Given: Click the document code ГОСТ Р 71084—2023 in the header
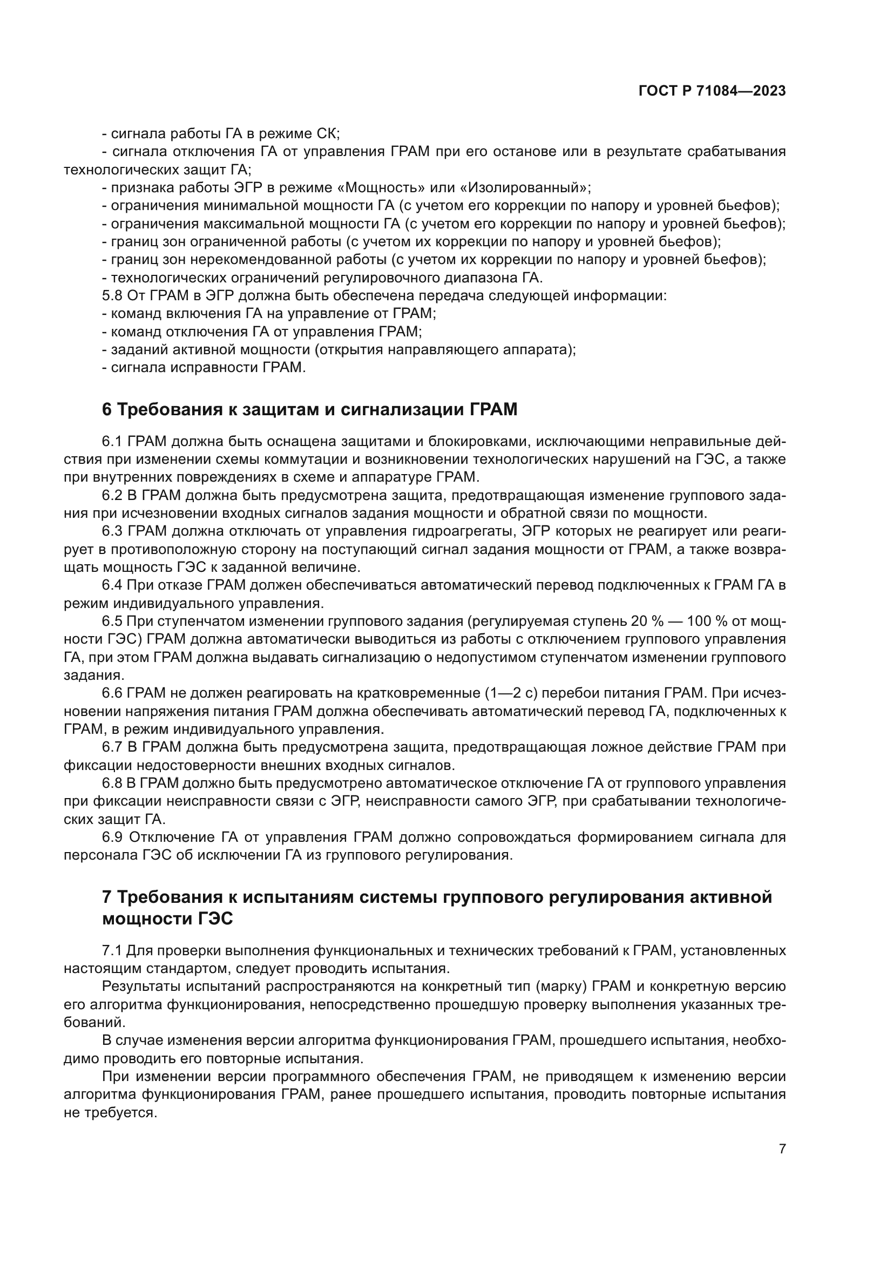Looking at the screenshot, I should click(712, 91).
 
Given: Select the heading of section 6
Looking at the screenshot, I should click(309, 410).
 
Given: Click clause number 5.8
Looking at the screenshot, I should click(113, 296).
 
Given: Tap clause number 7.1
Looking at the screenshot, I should click(113, 950).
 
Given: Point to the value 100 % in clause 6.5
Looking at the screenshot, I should click(708, 622).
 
